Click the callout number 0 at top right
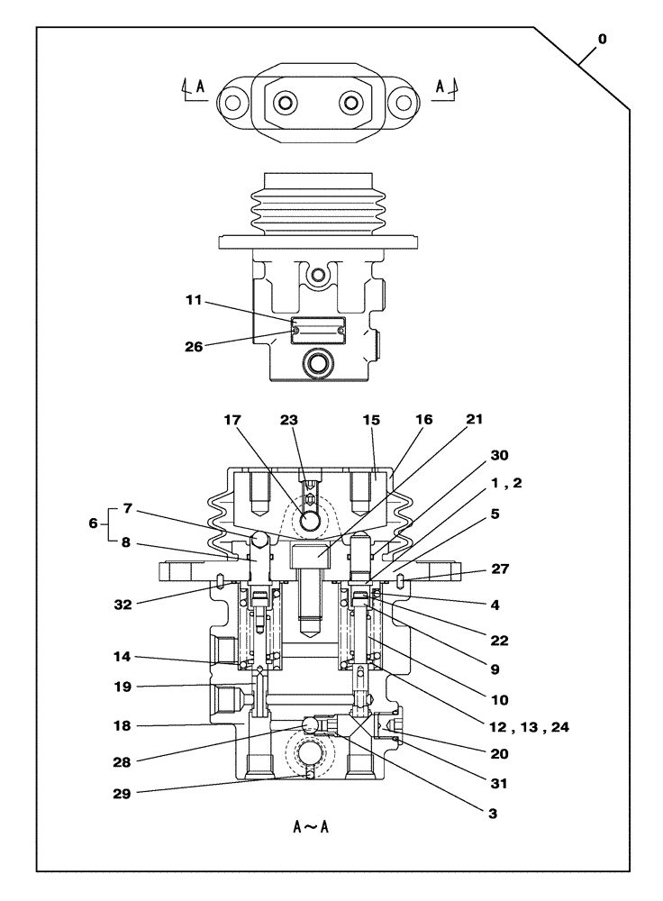(x=602, y=40)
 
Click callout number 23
(x=288, y=420)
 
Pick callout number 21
(x=475, y=420)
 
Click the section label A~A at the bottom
(x=311, y=825)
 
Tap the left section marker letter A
(x=199, y=86)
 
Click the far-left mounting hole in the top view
(x=232, y=102)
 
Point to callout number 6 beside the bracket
(x=93, y=522)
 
